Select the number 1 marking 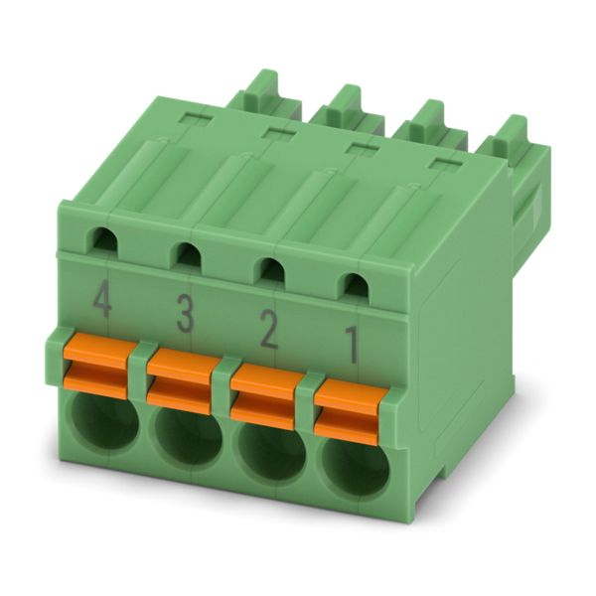[x=352, y=346]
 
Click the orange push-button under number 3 [x=179, y=379]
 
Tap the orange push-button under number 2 [x=263, y=395]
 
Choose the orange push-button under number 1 [x=347, y=412]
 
